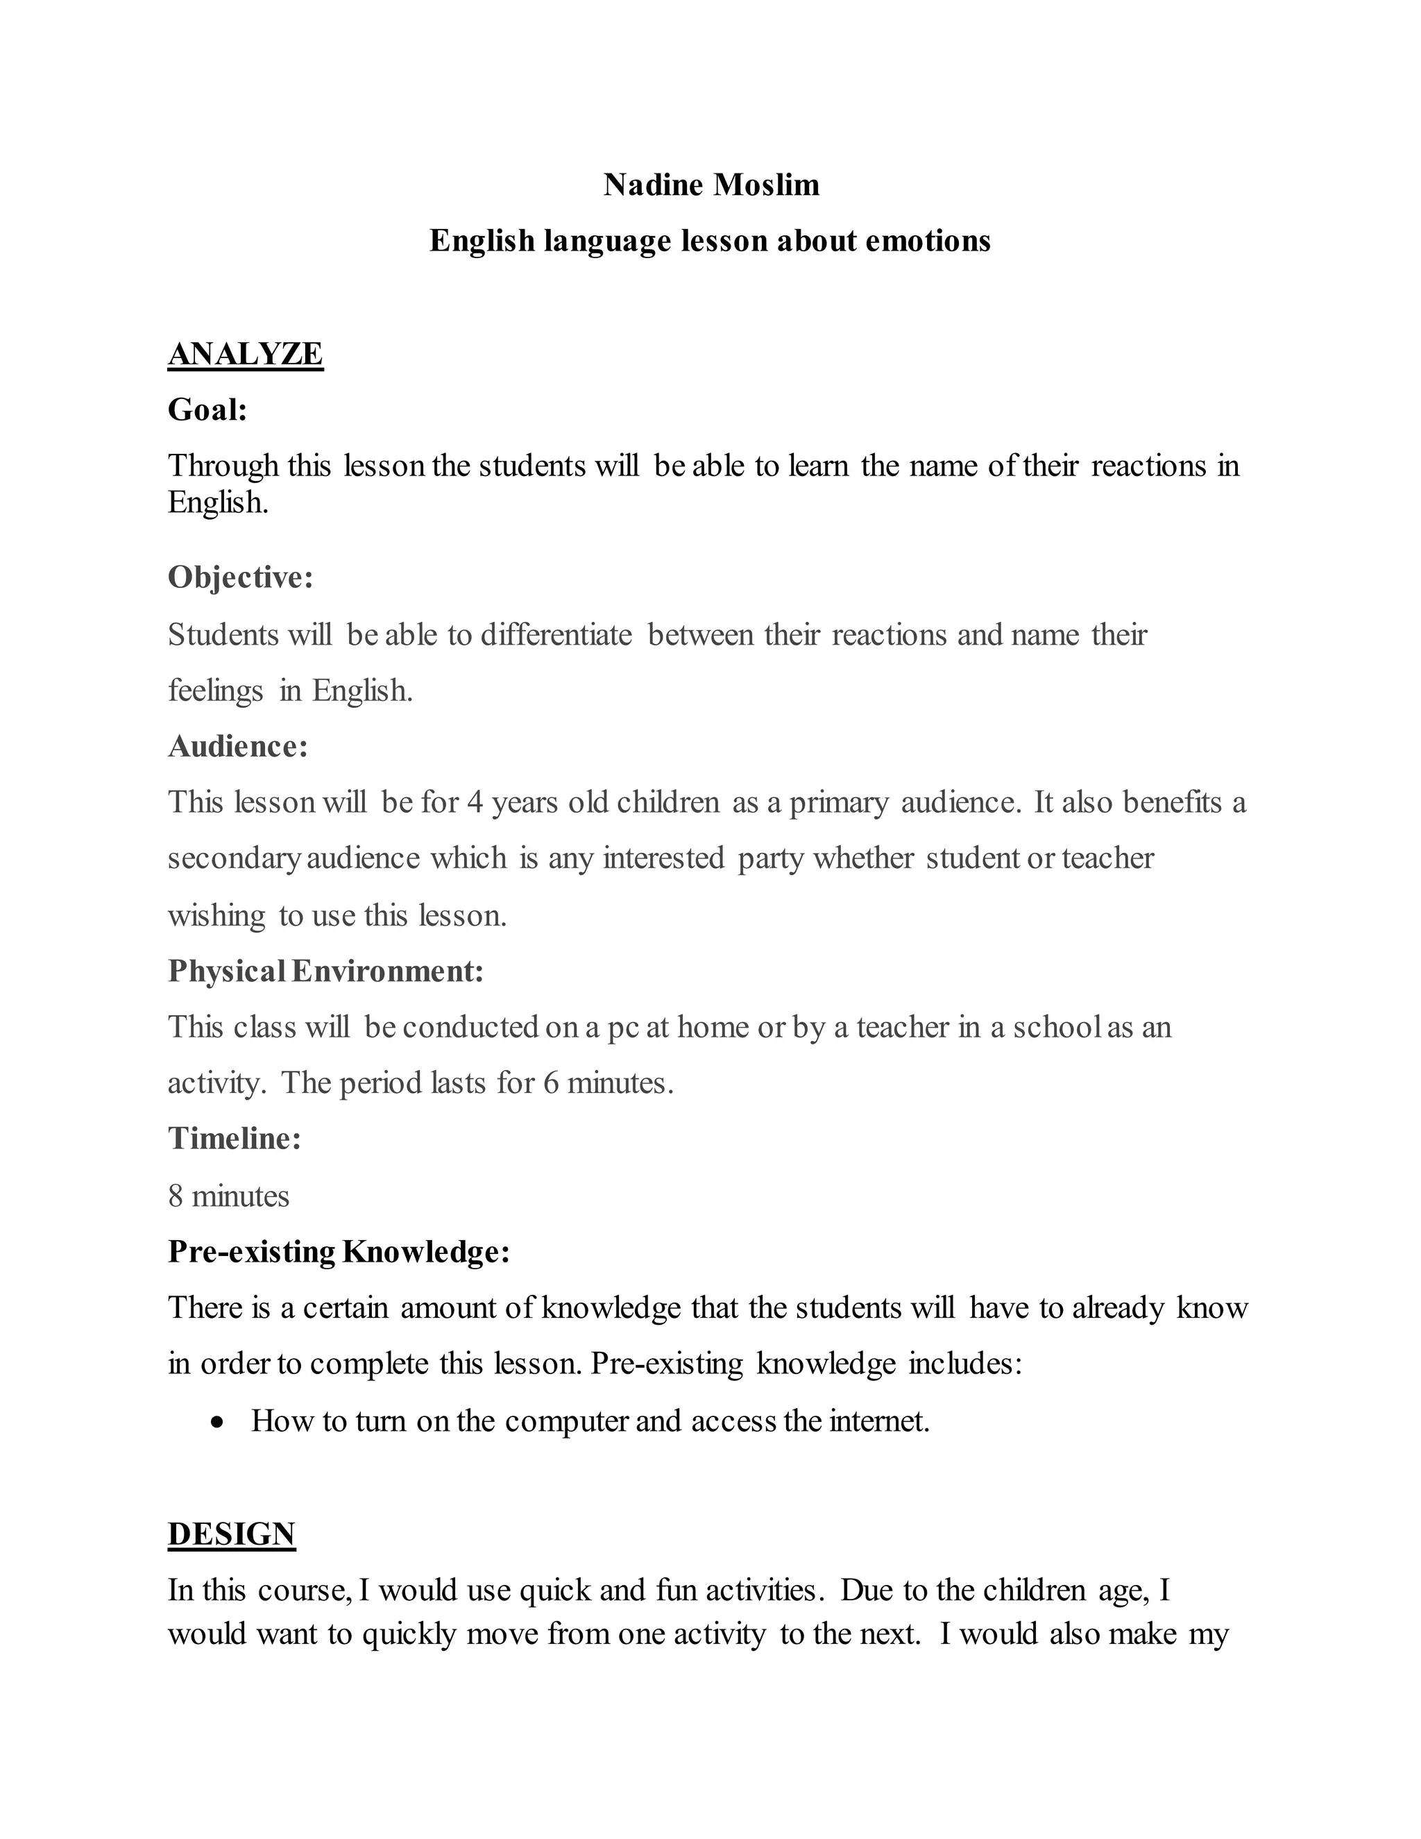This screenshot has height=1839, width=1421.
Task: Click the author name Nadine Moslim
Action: pyautogui.click(x=710, y=185)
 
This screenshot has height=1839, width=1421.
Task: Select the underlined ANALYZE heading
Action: pyautogui.click(x=245, y=354)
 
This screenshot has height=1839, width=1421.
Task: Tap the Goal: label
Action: pyautogui.click(x=207, y=410)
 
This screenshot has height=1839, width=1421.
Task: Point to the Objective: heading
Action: pyautogui.click(x=240, y=577)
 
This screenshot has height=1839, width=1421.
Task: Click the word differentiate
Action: pyautogui.click(x=556, y=635)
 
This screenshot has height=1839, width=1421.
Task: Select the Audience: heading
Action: pyautogui.click(x=237, y=746)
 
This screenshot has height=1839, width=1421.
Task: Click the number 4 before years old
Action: pyautogui.click(x=475, y=802)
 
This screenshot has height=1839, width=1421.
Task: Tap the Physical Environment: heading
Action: pyautogui.click(x=326, y=971)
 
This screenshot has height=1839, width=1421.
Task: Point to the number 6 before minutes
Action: pyautogui.click(x=550, y=1083)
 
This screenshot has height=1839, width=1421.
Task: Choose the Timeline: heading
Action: pyautogui.click(x=234, y=1138)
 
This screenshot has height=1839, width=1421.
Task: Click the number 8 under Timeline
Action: pyautogui.click(x=175, y=1196)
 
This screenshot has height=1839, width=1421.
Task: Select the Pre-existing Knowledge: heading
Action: pyautogui.click(x=339, y=1252)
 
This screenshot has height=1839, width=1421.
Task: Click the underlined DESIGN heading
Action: pyautogui.click(x=232, y=1534)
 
